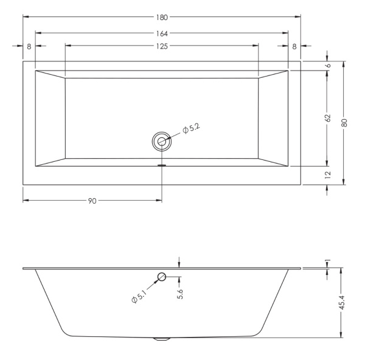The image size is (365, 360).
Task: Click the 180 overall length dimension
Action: (162, 18)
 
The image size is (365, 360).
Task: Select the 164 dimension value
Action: (162, 33)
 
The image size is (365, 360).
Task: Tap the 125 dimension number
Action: (162, 47)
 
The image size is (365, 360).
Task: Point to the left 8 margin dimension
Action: (29, 47)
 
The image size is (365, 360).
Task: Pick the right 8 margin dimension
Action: (294, 47)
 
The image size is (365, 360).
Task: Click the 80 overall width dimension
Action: (345, 123)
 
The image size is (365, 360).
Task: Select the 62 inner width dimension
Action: (328, 118)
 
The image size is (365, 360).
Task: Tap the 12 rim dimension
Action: (328, 175)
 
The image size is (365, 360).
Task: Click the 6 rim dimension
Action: (328, 66)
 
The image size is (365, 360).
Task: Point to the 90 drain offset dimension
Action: (92, 201)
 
